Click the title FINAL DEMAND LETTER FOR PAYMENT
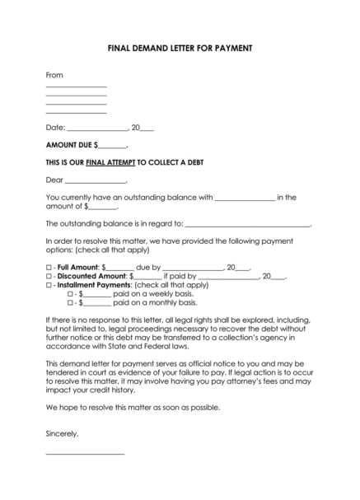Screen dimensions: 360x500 coord(180,49)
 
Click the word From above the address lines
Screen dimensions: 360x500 coord(54,75)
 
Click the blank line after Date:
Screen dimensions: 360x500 coord(97,130)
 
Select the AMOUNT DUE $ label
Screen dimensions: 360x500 coord(75,145)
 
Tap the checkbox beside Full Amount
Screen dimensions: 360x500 coord(49,268)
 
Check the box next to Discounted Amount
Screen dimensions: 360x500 coord(49,277)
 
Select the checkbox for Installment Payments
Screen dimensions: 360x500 coord(49,285)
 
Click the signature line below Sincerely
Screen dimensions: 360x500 coord(85,454)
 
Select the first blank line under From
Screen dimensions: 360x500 coord(76,86)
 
